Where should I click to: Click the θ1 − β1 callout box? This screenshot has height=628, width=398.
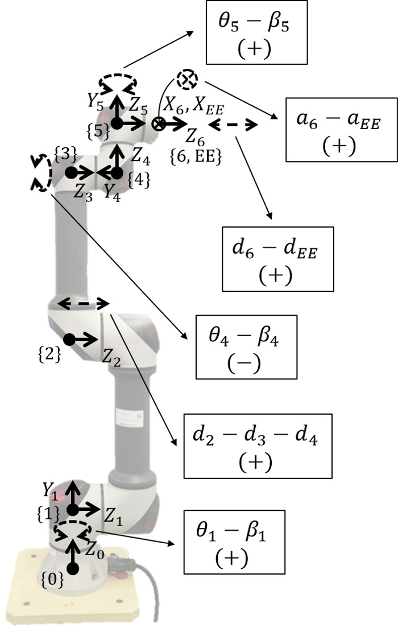233,541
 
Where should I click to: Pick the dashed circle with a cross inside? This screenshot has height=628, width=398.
186,79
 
